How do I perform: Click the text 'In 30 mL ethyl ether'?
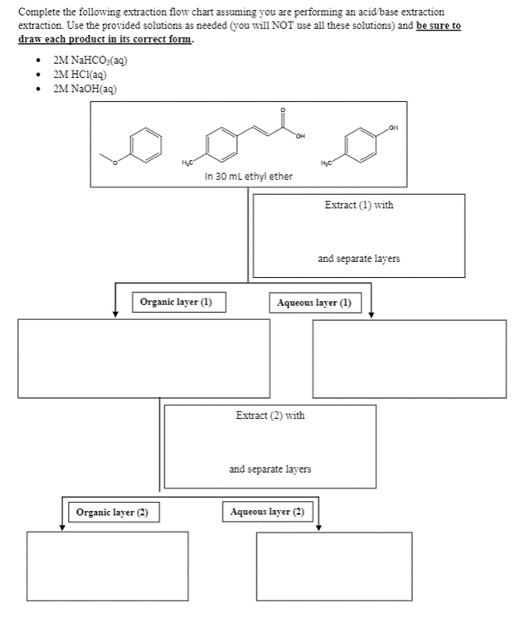coord(248,176)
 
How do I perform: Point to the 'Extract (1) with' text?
coord(358,205)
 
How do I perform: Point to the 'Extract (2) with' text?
coord(269,415)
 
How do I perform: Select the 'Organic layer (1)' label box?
coord(178,303)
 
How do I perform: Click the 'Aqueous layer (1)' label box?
coord(315,303)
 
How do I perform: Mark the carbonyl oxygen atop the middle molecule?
coord(284,110)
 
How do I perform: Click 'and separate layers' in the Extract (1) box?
coord(358,259)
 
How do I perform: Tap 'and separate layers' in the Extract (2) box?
coord(269,469)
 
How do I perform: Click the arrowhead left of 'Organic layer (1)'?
coord(115,313)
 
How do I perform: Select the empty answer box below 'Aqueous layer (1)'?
coord(409,352)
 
